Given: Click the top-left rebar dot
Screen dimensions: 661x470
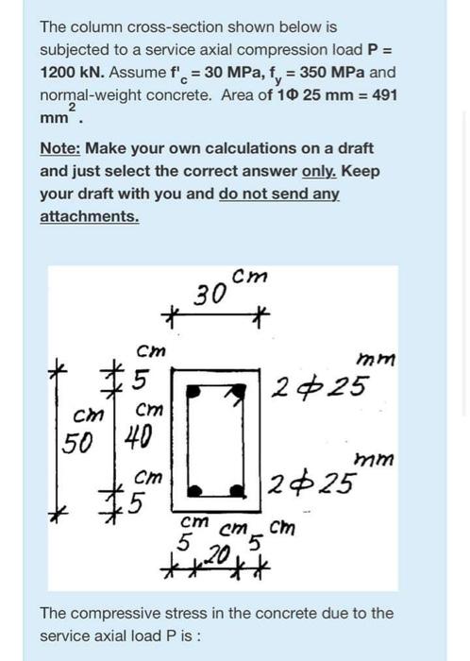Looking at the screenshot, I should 194,389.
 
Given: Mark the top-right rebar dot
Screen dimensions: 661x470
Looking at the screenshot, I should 242,389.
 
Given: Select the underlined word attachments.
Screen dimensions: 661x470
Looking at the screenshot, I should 89,216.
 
